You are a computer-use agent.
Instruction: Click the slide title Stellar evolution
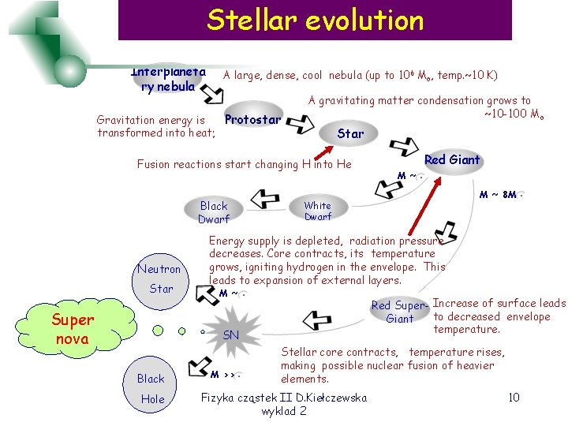(315, 20)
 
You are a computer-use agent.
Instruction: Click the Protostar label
(252, 120)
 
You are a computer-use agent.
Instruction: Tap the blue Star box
(350, 133)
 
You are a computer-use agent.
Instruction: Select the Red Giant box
(451, 160)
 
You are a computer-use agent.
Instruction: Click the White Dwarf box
(318, 211)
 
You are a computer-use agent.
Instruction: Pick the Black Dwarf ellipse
(213, 211)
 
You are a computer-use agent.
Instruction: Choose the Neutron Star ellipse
(160, 278)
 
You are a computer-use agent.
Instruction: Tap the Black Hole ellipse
(151, 388)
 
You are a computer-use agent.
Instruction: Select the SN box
(230, 335)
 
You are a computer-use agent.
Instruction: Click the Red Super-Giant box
(399, 312)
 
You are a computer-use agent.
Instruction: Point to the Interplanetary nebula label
(168, 79)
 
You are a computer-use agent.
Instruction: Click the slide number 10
(514, 397)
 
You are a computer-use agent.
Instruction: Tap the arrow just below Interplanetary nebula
(211, 94)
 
